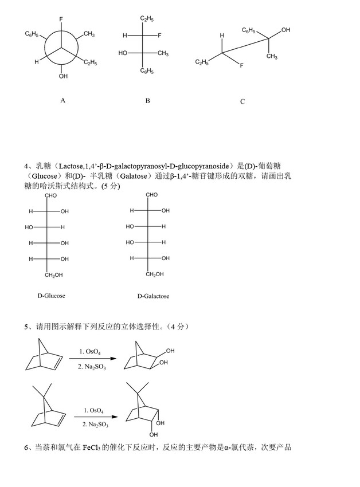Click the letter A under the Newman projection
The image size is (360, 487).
(63, 100)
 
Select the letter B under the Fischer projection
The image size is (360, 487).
(147, 101)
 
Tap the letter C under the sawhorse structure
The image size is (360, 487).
(242, 101)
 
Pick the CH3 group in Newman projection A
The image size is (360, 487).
(89, 35)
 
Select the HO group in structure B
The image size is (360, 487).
(122, 53)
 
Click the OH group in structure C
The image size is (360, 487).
(285, 30)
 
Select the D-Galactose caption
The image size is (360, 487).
(153, 296)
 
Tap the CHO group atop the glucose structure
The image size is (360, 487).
(52, 196)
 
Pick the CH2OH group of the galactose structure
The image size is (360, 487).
(154, 274)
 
